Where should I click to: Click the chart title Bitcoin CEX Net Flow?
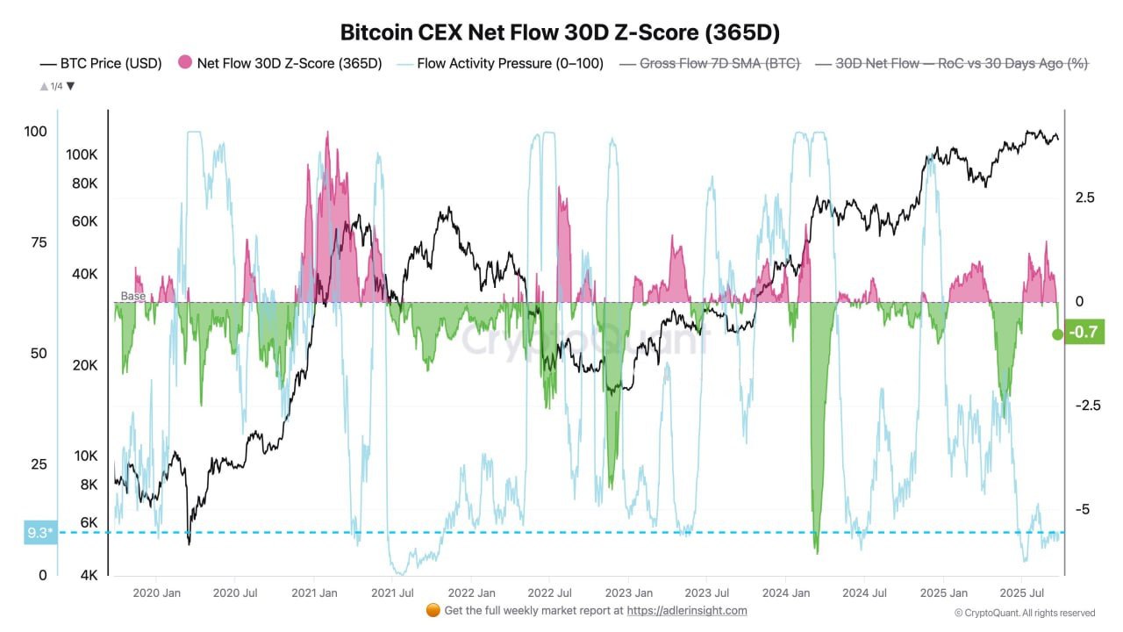pyautogui.click(x=561, y=32)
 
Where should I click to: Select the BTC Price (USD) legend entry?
pyautogui.click(x=104, y=63)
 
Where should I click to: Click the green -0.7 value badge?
pyautogui.click(x=1084, y=333)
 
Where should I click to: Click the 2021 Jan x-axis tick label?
pyautogui.click(x=313, y=593)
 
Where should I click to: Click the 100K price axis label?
pyautogui.click(x=81, y=154)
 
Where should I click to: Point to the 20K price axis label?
pyautogui.click(x=85, y=365)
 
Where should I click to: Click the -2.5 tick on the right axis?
pyautogui.click(x=1085, y=406)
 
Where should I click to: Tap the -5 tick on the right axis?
pyautogui.click(x=1085, y=509)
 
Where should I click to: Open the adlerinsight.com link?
pyautogui.click(x=687, y=610)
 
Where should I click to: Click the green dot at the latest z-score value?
pyautogui.click(x=1058, y=334)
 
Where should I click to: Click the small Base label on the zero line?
pyautogui.click(x=133, y=297)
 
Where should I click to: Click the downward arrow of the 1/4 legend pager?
pyautogui.click(x=71, y=86)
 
